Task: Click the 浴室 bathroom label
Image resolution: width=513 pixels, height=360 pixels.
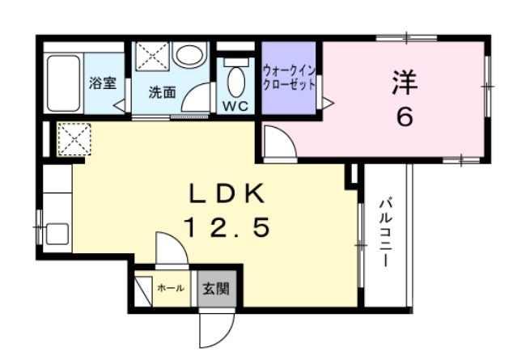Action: coord(101,83)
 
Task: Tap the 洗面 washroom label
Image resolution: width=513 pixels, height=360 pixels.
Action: coord(161,91)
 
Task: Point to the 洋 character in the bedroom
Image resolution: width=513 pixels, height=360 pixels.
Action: coord(405,82)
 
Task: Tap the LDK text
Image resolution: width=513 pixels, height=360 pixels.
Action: coord(227,194)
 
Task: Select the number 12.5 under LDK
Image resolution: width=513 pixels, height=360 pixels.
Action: coord(227,228)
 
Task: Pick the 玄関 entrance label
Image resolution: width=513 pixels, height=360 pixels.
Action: coord(215,288)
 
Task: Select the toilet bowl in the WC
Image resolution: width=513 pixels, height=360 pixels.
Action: coord(236,80)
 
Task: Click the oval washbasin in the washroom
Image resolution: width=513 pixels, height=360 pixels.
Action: coord(189,56)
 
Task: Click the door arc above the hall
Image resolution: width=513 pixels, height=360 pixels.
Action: coord(171,249)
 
